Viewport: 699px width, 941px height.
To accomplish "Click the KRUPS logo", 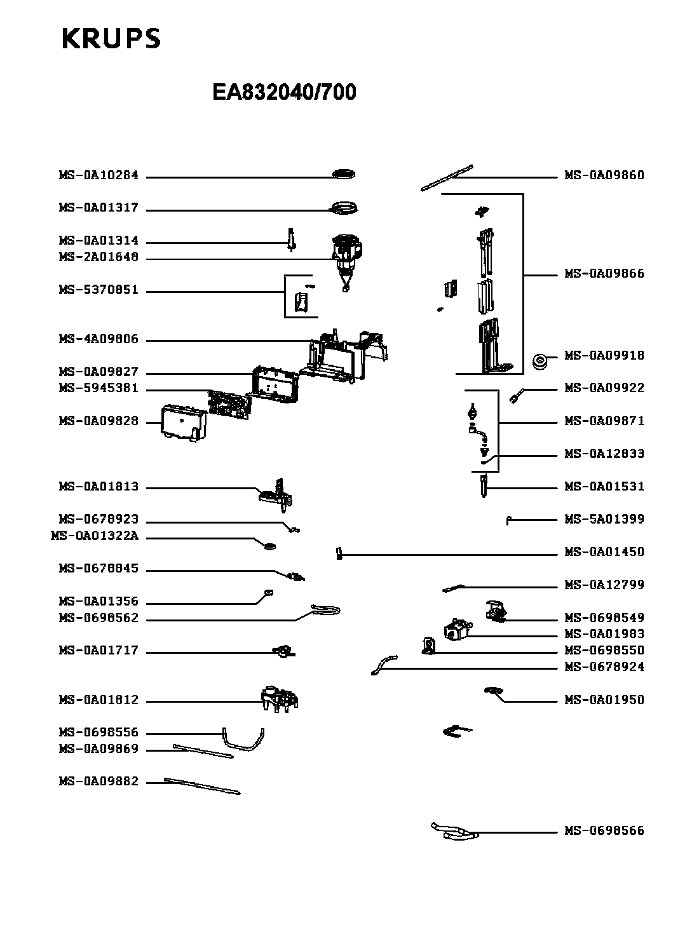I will coord(111,39).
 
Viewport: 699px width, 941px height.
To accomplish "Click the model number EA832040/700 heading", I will coord(284,93).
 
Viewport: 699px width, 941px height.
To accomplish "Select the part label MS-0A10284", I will coord(98,175).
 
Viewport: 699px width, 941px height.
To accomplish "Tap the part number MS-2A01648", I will coord(98,257).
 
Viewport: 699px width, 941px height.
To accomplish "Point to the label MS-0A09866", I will coord(604,274).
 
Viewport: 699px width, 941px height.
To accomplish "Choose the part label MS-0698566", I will coord(604,830).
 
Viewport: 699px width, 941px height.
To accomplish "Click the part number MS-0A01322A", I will coord(94,536).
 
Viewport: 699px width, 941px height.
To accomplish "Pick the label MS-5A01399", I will coord(604,519).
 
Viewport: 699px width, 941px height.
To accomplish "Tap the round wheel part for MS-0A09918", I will coord(540,362).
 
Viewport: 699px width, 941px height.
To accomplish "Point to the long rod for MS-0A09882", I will coord(202,785).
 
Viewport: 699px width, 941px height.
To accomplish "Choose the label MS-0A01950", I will coord(604,700).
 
